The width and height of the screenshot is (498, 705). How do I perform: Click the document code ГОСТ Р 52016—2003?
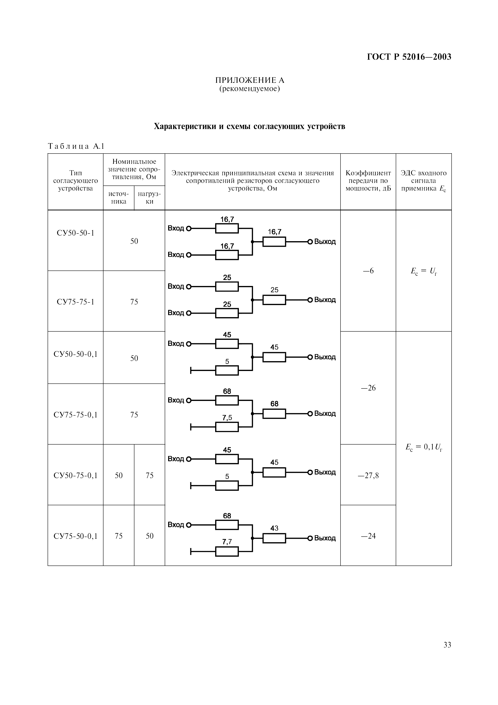point(409,57)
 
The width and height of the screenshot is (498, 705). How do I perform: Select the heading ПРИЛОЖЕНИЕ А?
point(250,80)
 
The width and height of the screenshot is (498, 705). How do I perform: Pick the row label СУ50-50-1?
point(75,233)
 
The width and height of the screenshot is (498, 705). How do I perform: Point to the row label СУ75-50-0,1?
point(75,536)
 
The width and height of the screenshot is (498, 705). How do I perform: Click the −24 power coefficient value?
point(368,536)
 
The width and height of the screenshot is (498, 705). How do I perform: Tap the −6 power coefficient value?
point(368,271)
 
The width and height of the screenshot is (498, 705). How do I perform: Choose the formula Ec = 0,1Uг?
point(424,447)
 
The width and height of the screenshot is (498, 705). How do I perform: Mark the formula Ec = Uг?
point(424,271)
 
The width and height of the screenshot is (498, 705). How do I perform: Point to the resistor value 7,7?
point(227,542)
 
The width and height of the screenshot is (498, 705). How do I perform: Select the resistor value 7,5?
point(227,418)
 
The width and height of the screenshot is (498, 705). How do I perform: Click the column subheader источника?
point(119,198)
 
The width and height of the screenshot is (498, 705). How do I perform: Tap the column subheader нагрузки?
point(149,198)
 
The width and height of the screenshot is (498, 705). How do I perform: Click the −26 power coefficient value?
point(368,388)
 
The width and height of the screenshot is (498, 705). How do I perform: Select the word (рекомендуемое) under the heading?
point(250,89)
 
